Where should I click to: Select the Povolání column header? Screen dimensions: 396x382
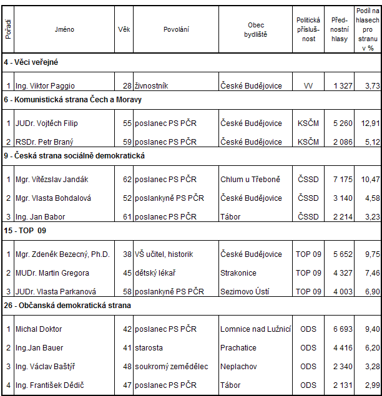point(176,29)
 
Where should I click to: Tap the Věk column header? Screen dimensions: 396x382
point(124,29)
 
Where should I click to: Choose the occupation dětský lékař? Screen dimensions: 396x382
point(155,273)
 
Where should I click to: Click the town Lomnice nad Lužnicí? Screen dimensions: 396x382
point(255,329)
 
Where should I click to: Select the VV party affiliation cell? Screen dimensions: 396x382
point(308,86)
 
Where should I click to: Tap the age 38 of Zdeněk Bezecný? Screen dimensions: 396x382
point(127,254)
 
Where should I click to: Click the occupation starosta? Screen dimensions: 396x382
point(149,348)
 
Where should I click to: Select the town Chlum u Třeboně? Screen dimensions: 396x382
point(250,180)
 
